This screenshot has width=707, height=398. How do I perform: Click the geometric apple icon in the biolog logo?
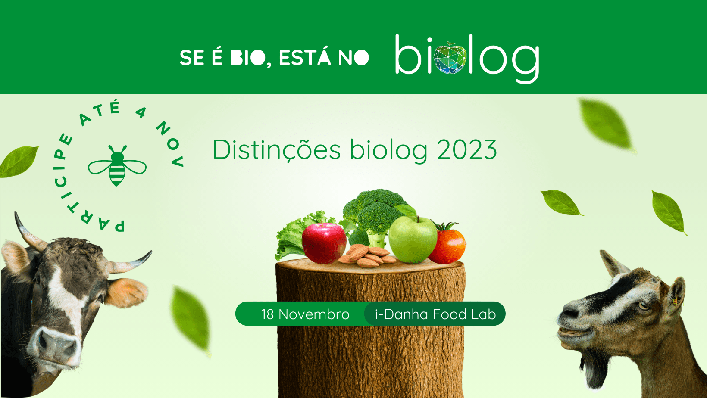(450, 58)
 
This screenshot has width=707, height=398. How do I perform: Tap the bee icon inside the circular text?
(117, 166)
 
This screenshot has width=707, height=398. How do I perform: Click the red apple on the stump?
(324, 243)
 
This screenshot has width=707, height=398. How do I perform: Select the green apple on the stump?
(413, 239)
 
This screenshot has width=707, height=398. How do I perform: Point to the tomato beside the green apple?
(447, 244)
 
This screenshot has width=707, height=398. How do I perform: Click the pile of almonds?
(368, 255)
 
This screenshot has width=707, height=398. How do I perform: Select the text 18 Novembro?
(305, 314)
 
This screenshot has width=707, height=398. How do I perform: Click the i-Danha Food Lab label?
(435, 314)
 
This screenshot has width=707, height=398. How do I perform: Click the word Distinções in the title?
(277, 150)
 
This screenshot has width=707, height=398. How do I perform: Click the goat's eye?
(643, 305)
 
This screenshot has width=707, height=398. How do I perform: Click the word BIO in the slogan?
(248, 58)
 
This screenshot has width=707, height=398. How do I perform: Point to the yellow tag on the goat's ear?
(675, 302)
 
